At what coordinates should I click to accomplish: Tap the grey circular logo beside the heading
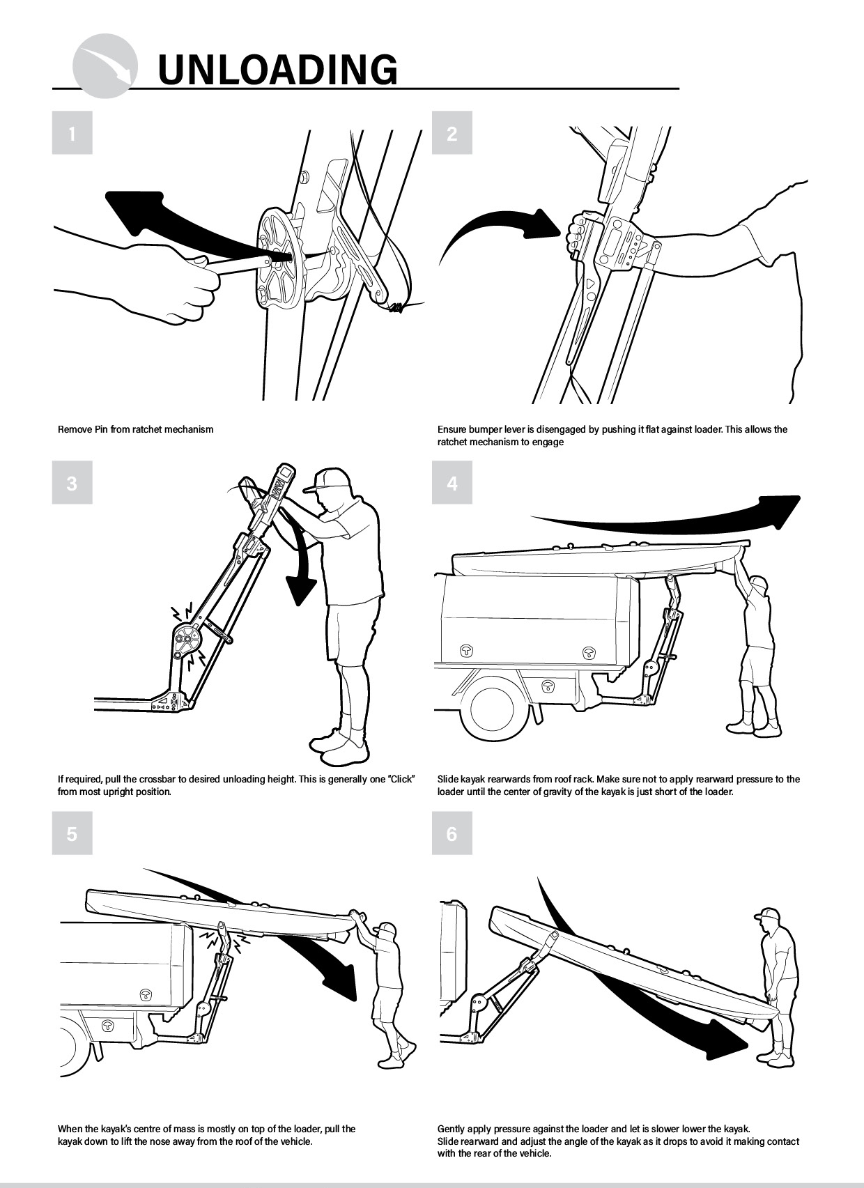(105, 65)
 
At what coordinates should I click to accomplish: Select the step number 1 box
(72, 132)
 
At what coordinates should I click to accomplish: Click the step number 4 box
(452, 482)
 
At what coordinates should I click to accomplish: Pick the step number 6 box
(452, 833)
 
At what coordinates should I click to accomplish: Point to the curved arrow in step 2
(499, 233)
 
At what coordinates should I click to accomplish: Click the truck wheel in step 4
(492, 709)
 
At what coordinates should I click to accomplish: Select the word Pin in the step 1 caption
(102, 430)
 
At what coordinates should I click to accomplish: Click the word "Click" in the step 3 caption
(401, 779)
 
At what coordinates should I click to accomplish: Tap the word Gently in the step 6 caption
(452, 1129)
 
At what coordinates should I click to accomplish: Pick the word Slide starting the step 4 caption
(447, 779)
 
